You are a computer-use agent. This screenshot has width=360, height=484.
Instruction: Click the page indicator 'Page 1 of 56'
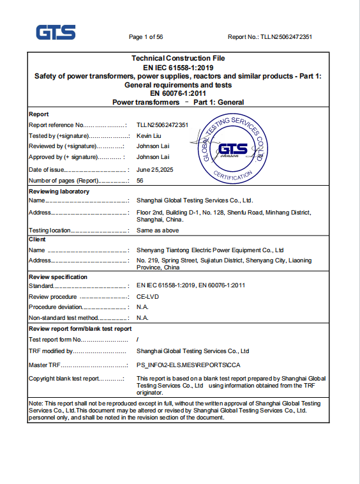146,37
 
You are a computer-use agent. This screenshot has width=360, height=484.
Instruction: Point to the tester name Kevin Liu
149,136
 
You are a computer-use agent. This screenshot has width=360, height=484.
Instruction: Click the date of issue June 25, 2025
155,170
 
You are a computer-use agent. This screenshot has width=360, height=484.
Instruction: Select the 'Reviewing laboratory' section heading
59,192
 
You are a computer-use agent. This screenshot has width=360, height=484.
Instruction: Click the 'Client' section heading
38,239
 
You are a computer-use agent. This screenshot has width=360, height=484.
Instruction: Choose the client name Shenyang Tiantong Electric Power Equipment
210,250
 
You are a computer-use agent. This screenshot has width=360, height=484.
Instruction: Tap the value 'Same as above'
158,231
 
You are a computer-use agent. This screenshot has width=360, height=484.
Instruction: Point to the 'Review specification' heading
58,277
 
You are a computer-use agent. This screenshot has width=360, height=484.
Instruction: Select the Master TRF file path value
188,365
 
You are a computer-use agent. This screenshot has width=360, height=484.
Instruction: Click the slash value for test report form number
139,340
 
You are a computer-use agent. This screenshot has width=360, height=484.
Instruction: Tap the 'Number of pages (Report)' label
64,181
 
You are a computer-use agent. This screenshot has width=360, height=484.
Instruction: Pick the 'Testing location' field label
50,231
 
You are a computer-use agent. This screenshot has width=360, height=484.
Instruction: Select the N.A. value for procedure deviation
143,307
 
